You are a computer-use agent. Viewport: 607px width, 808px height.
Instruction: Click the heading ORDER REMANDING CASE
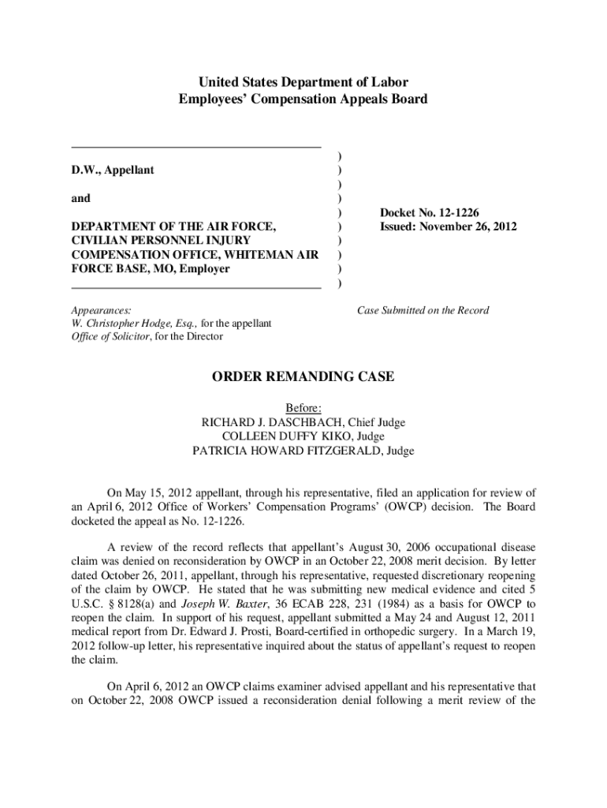[303, 377]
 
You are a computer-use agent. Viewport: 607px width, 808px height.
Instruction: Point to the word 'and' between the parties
[80, 199]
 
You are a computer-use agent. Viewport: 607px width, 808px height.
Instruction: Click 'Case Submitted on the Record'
[423, 310]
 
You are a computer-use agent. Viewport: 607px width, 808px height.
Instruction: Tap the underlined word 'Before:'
[303, 408]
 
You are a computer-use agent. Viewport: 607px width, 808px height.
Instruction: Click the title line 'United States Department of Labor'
[303, 82]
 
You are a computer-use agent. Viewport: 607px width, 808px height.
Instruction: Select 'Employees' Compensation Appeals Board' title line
[303, 99]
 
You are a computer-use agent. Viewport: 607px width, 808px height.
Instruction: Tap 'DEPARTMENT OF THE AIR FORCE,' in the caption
[174, 227]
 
